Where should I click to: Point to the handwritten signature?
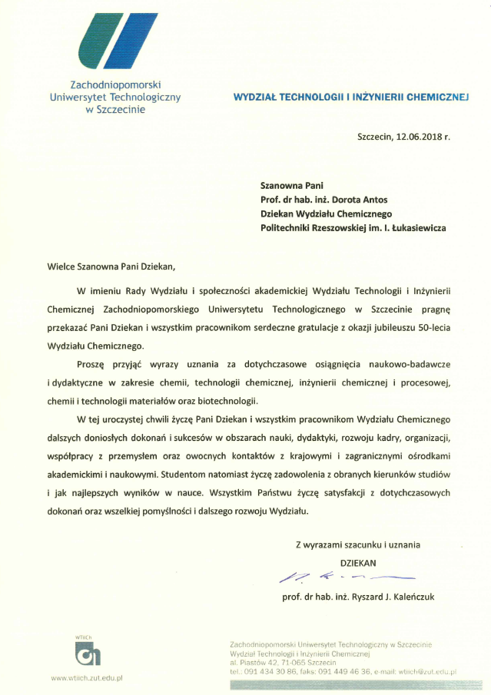coord(345,576)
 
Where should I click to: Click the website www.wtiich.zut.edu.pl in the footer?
coord(88,677)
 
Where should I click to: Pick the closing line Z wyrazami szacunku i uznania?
coord(358,544)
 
